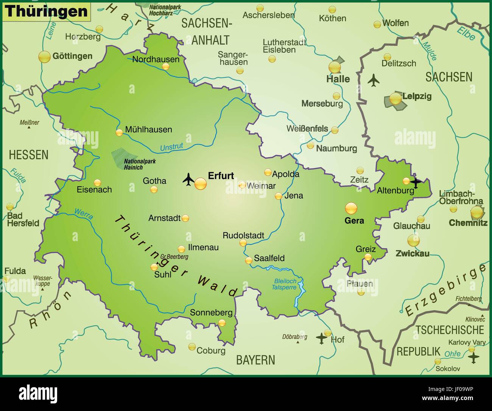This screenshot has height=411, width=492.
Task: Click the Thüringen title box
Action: tap(46, 11)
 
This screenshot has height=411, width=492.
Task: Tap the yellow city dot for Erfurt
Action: tap(201, 184)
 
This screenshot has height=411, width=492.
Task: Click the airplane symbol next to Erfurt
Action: tap(188, 179)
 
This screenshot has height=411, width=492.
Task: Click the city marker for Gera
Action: tap(351, 208)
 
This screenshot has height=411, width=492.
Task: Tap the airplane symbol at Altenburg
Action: tap(416, 182)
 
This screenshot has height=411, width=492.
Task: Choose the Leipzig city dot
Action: tap(395, 99)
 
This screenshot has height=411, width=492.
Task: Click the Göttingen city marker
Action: tap(44, 57)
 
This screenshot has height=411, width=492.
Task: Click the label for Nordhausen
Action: tap(156, 59)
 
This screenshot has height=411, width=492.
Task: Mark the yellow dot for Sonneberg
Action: tap(222, 322)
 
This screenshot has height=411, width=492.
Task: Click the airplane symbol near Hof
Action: tap(321, 337)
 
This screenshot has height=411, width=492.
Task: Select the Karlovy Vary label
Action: tap(467, 342)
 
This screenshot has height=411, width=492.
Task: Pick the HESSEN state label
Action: tap(28, 154)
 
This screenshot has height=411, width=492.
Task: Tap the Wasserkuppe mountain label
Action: tap(42, 280)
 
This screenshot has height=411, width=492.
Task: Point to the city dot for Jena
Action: tap(278, 196)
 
